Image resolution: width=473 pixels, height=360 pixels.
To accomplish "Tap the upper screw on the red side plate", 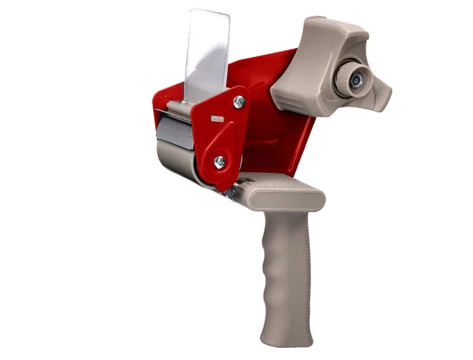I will coord(239,101).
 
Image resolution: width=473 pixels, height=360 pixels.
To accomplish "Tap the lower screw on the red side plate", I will coord(220,161).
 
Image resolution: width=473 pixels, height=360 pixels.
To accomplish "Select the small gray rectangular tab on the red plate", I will coord(217,118).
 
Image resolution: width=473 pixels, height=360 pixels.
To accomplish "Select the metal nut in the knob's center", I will coord(356,79).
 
